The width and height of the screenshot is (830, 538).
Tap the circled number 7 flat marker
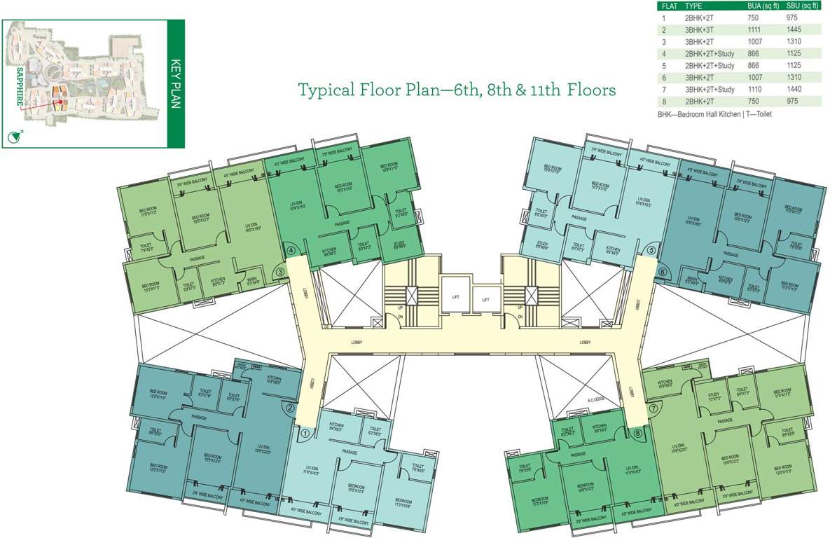(654, 408)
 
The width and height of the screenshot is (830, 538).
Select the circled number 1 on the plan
(305, 434)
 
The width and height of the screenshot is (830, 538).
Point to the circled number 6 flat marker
(662, 272)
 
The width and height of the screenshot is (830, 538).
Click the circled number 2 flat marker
(289, 408)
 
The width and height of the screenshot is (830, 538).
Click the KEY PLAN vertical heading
(176, 84)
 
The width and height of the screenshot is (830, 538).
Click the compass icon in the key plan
(12, 137)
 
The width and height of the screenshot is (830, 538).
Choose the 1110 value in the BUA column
(755, 90)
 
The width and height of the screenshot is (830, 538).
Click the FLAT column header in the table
(669, 6)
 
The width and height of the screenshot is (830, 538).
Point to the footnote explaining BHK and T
(714, 113)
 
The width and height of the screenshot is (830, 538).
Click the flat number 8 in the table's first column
(663, 102)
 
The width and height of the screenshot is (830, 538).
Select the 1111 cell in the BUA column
(755, 29)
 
